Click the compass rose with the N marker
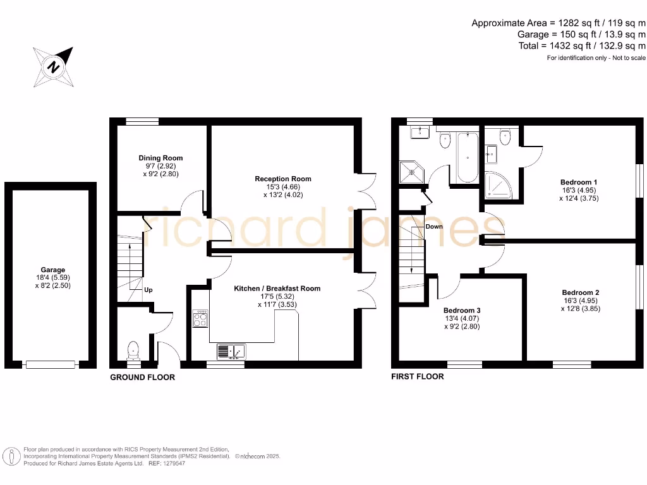pos(54,67)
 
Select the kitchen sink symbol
pos(231,350)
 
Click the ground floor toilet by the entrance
pos(133,350)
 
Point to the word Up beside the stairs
pos(148,290)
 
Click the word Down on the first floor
pos(434,226)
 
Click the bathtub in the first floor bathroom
pos(468,157)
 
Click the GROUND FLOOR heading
pos(142,377)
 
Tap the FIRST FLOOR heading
pos(418,376)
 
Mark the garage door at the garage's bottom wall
pos(50,364)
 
